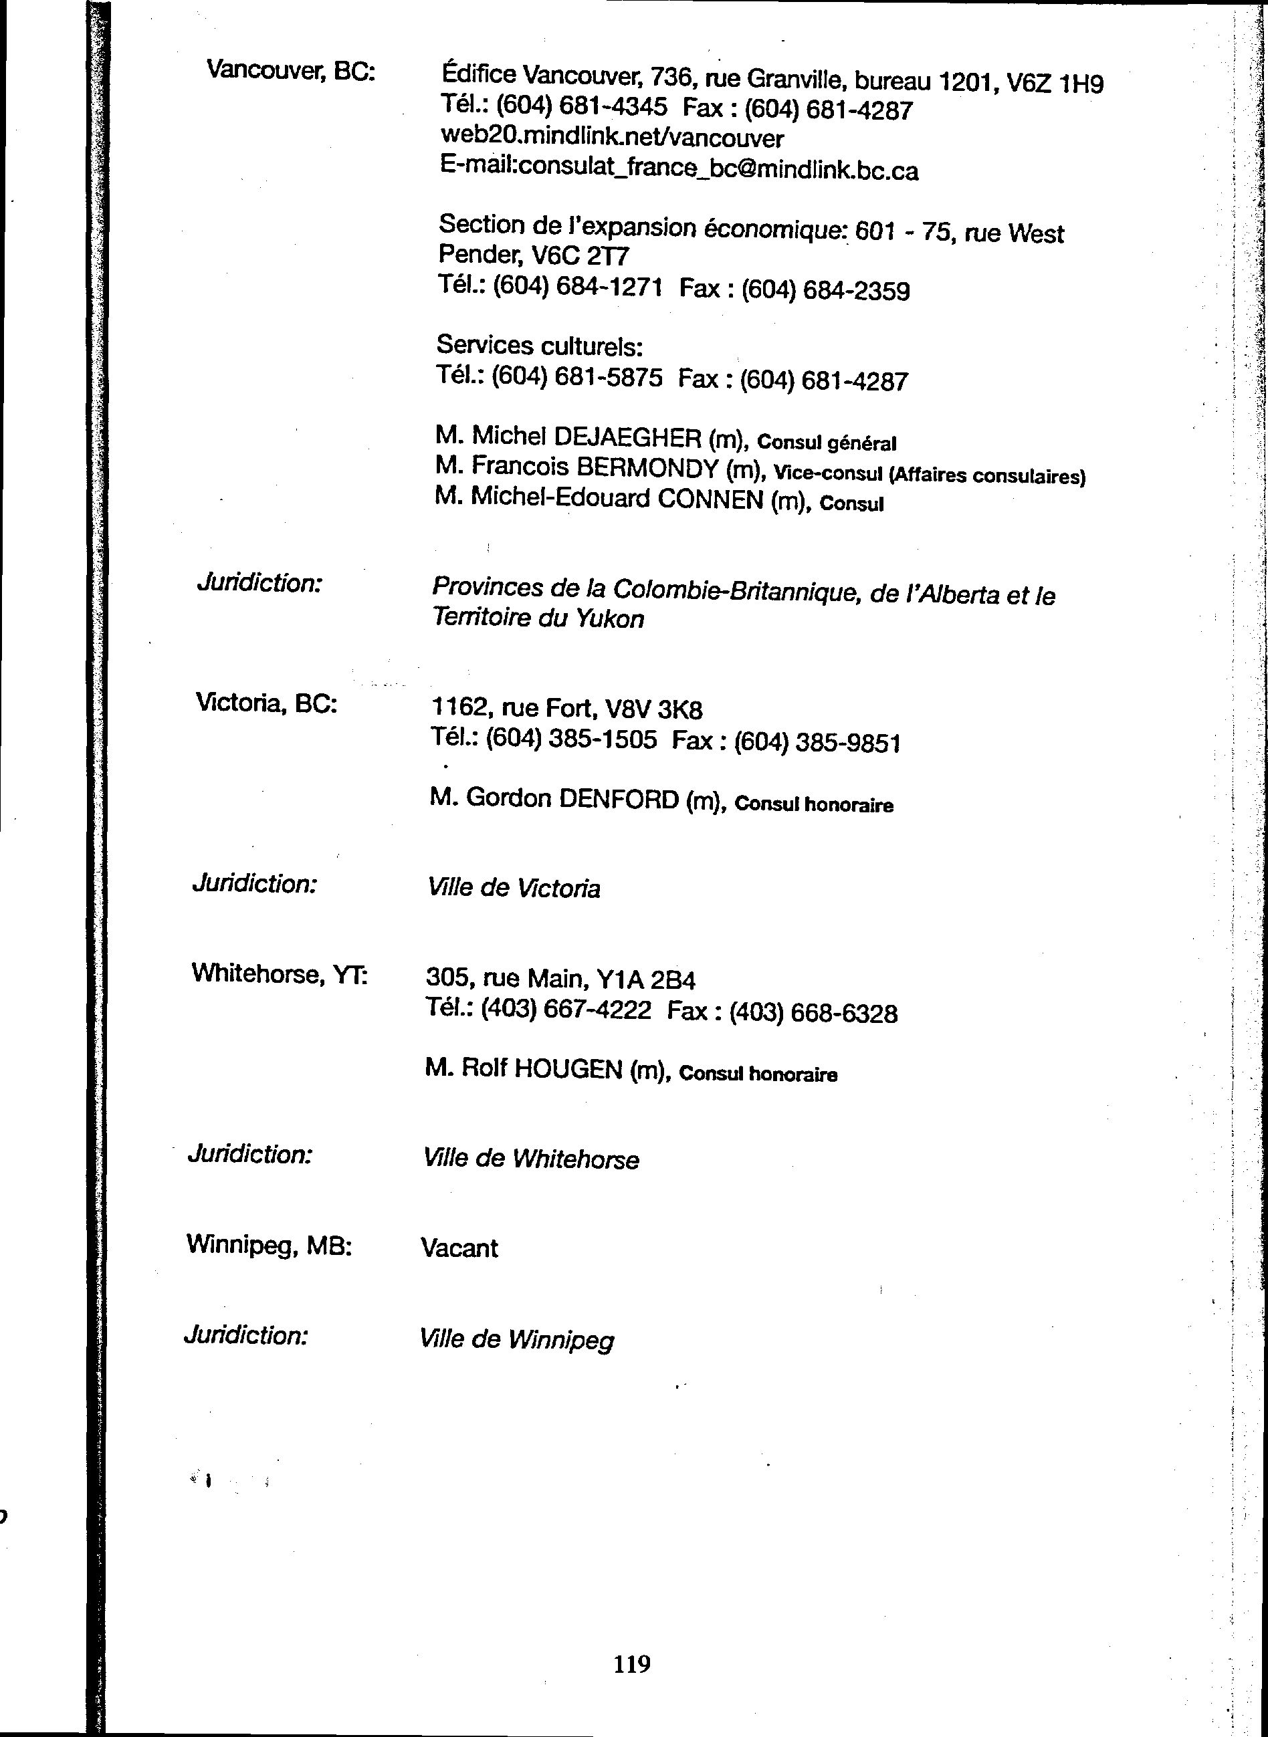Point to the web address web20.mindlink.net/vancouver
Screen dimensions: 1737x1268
tap(612, 139)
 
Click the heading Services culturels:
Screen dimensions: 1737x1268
tap(539, 347)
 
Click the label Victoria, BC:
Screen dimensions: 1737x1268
tap(266, 703)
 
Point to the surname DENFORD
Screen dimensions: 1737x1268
tap(619, 800)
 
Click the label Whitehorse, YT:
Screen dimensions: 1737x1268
tap(280, 974)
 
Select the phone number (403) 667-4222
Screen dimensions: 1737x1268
tap(566, 1010)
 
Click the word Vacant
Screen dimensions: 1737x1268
tap(459, 1248)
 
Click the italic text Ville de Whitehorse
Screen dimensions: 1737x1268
tap(530, 1159)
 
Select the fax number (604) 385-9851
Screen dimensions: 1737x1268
tap(817, 742)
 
